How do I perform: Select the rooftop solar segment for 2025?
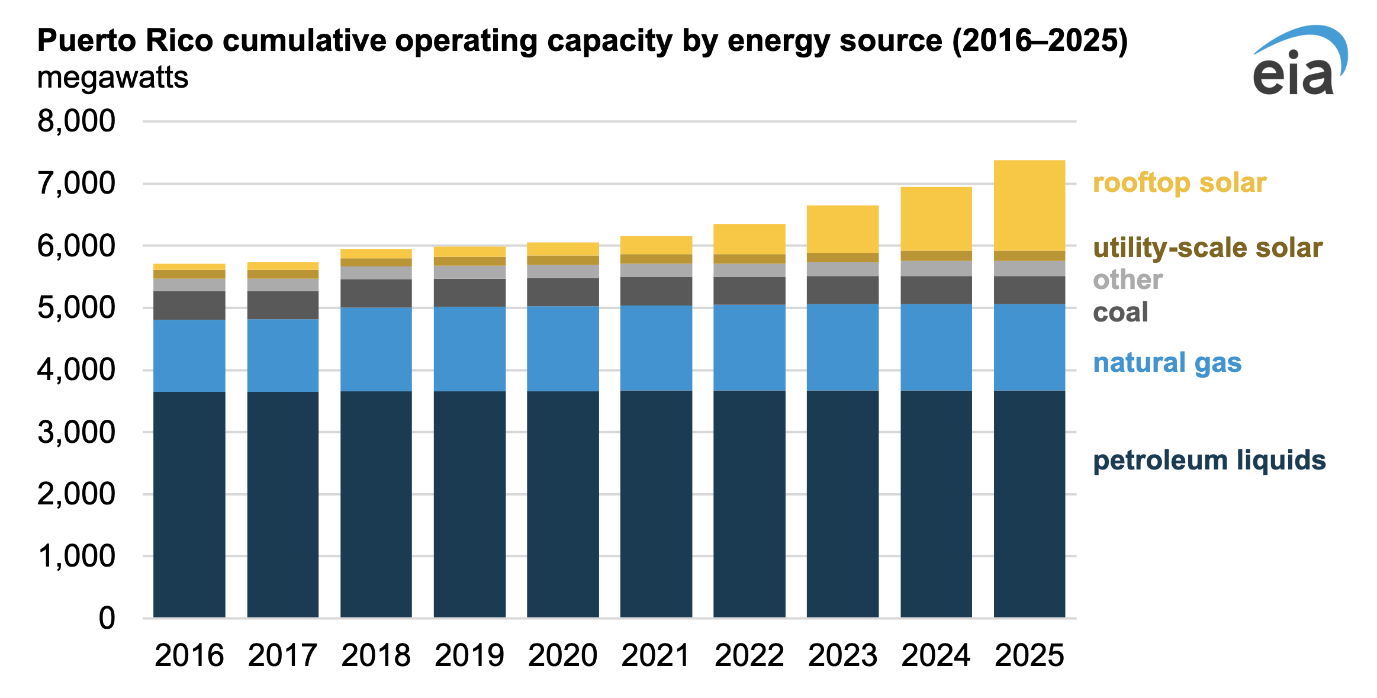[x=1029, y=205]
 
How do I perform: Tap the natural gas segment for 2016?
[x=189, y=355]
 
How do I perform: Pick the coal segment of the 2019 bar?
[x=469, y=292]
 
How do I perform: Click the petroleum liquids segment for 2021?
[x=656, y=503]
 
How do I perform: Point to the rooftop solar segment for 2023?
[x=842, y=229]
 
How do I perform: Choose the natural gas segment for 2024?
[x=936, y=347]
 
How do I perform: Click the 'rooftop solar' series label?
[x=1179, y=182]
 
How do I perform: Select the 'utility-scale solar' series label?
[x=1207, y=247]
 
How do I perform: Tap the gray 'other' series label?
[x=1127, y=279]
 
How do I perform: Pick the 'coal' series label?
[x=1120, y=312]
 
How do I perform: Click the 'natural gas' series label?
[x=1167, y=362]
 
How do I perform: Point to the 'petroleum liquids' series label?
[x=1209, y=460]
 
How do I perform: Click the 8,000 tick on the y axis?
[x=76, y=121]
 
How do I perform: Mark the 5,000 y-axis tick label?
[x=76, y=308]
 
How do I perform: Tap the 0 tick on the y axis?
[x=107, y=618]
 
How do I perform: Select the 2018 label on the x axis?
[x=376, y=655]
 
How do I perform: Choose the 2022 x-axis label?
[x=749, y=655]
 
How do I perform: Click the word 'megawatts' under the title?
[x=112, y=78]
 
